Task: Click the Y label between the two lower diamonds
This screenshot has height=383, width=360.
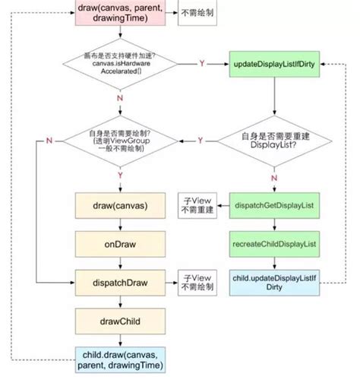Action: [200, 140]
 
